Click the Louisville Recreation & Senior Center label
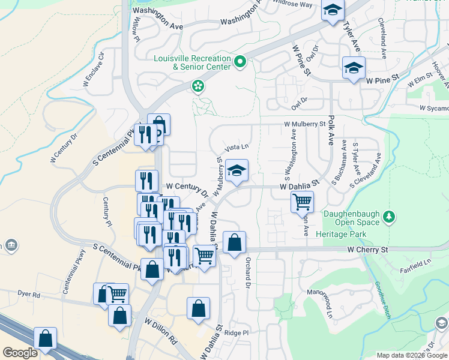(x=193, y=62)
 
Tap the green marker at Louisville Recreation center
(x=240, y=61)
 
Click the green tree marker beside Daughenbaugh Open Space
(x=390, y=216)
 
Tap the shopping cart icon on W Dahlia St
(x=302, y=202)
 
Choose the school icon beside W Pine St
(x=354, y=68)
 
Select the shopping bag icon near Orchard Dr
(x=234, y=243)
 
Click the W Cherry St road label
(x=368, y=249)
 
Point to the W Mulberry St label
(x=304, y=125)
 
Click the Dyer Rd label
(x=28, y=295)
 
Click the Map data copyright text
(x=411, y=355)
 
